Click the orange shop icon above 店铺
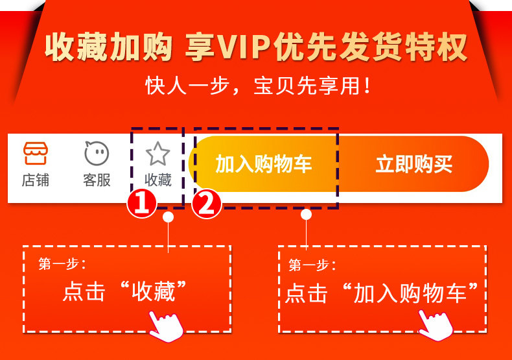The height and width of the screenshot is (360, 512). (x=36, y=153)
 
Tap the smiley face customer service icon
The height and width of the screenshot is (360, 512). (x=97, y=153)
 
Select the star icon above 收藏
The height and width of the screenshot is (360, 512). (x=157, y=153)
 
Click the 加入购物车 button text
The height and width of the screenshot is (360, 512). (x=264, y=163)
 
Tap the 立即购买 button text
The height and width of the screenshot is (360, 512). (x=414, y=164)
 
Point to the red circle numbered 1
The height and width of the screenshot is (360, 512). (x=142, y=204)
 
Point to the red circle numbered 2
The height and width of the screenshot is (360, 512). (x=206, y=204)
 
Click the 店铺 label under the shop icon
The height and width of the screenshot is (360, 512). (x=36, y=180)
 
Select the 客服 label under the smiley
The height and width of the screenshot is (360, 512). (x=97, y=180)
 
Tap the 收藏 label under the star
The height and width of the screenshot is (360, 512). (x=158, y=180)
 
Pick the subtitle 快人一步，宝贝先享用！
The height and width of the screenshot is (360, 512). (x=258, y=86)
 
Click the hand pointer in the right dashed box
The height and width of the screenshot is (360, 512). (x=436, y=326)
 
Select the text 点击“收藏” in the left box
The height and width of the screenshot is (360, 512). (x=124, y=291)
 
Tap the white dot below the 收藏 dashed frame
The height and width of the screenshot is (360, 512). (x=168, y=217)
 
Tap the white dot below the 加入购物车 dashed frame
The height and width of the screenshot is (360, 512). (x=306, y=214)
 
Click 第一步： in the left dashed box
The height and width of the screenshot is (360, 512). (x=62, y=263)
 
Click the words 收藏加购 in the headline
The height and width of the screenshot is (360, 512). (x=109, y=47)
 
